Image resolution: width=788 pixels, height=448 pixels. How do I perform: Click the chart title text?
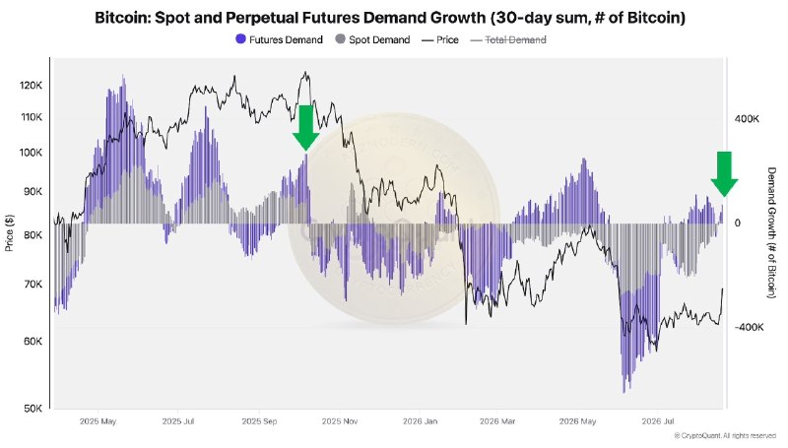click(x=390, y=18)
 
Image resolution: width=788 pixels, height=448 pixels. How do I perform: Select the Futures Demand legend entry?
click(x=280, y=39)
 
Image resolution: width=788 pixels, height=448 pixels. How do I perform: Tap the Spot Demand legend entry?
click(x=372, y=39)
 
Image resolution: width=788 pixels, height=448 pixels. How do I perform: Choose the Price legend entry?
click(x=440, y=39)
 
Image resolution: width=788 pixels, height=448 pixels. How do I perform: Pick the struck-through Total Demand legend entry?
click(x=508, y=39)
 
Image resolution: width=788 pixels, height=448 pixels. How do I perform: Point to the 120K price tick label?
click(x=32, y=86)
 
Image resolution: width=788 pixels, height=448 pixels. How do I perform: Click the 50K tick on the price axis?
click(x=33, y=409)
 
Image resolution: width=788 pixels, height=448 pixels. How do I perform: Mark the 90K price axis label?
click(x=33, y=192)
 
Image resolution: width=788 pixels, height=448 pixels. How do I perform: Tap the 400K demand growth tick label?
click(x=747, y=119)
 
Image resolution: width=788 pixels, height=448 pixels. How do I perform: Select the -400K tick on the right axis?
click(x=749, y=328)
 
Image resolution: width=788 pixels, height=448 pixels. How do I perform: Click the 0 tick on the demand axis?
click(x=737, y=224)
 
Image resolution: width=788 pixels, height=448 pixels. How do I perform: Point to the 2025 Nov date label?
click(x=339, y=421)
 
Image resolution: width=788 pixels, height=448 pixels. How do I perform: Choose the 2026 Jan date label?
click(x=420, y=421)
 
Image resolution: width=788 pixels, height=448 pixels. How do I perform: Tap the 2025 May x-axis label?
click(x=98, y=421)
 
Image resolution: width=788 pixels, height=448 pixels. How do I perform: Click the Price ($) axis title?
click(x=9, y=232)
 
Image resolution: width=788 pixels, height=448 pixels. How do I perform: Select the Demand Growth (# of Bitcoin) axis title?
click(x=771, y=232)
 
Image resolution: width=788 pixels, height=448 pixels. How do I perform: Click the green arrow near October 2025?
click(x=305, y=128)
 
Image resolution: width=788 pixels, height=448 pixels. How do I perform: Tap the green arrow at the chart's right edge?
click(x=724, y=173)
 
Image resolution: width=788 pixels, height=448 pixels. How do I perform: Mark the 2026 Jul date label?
click(x=657, y=421)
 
